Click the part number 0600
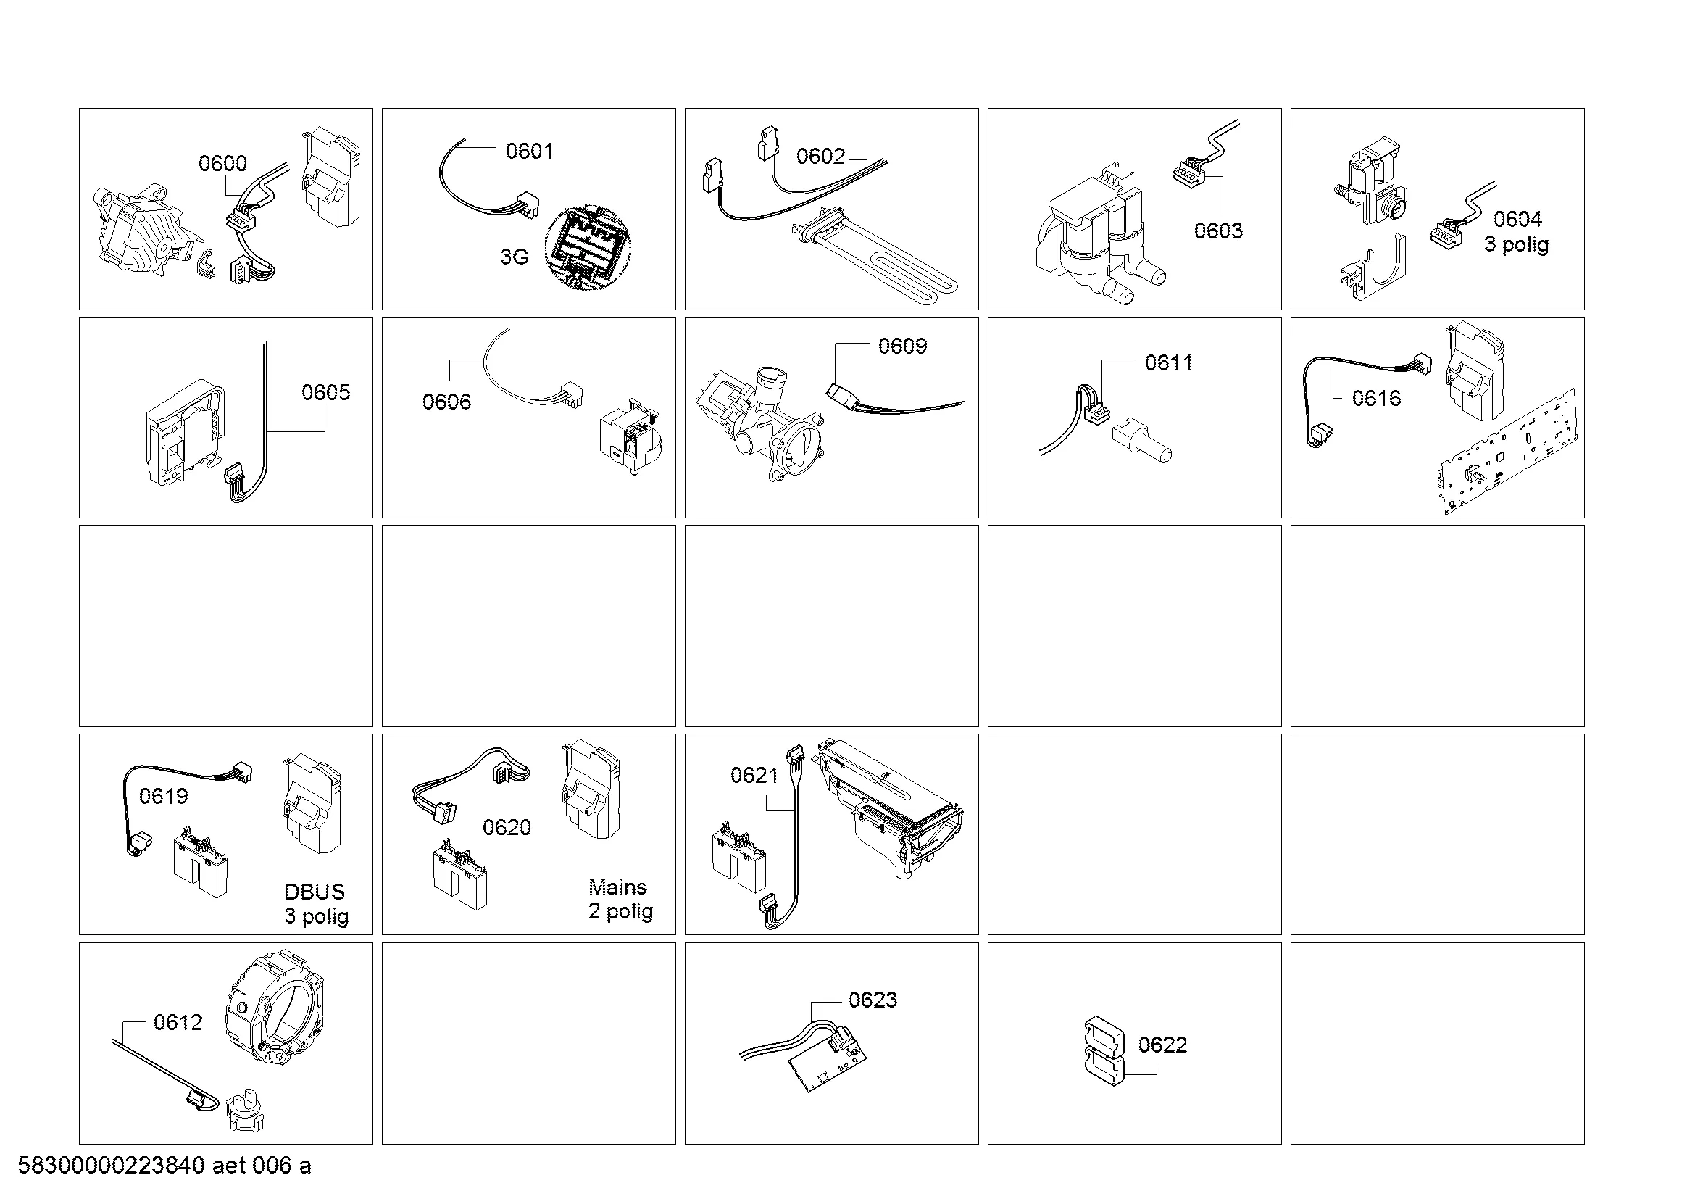coord(223,163)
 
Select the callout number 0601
coord(529,151)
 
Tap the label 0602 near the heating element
coord(820,156)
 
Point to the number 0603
coord(1218,231)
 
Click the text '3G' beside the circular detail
coord(515,257)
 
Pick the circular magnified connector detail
coord(589,247)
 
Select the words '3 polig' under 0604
coord(1516,244)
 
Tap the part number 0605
coord(325,392)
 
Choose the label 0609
coord(902,346)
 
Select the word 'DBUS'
coord(315,892)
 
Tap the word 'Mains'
coord(617,887)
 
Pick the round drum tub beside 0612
coord(273,1009)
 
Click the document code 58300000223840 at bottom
coord(111,1166)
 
